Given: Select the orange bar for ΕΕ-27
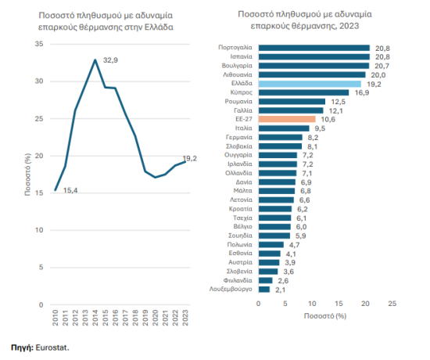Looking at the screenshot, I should (286, 119).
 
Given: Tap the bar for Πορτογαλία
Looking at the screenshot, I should (314, 47).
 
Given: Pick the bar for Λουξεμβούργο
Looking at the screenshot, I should (263, 289).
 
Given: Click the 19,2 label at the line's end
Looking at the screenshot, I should (190, 159).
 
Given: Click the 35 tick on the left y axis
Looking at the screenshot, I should (39, 44).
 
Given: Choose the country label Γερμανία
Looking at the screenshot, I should (238, 137).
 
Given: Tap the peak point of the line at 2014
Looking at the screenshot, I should (95, 59).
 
